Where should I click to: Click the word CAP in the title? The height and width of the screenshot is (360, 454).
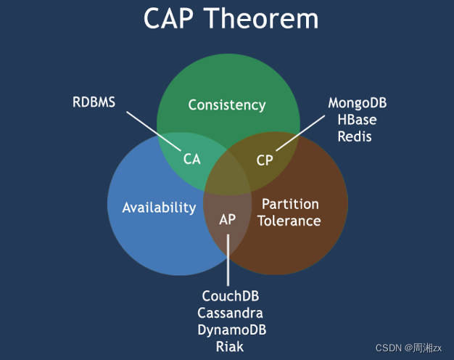pyautogui.click(x=168, y=18)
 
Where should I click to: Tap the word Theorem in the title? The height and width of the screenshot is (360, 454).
pyautogui.click(x=261, y=18)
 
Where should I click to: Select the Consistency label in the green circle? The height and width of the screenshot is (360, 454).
pyautogui.click(x=227, y=105)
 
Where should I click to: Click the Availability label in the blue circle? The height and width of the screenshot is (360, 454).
pyautogui.click(x=159, y=208)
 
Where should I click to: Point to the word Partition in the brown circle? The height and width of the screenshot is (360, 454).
pyautogui.click(x=290, y=204)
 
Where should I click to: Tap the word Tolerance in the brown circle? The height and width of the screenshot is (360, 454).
pyautogui.click(x=289, y=221)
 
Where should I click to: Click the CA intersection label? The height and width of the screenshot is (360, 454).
pyautogui.click(x=191, y=159)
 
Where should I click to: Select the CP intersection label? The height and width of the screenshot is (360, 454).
pyautogui.click(x=265, y=160)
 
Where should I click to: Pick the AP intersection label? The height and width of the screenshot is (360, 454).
pyautogui.click(x=227, y=219)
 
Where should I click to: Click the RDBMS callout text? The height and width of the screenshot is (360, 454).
pyautogui.click(x=94, y=102)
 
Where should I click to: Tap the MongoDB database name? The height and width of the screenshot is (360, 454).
pyautogui.click(x=358, y=103)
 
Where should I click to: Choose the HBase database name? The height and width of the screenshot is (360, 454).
pyautogui.click(x=357, y=120)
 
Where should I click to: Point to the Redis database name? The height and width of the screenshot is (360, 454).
pyautogui.click(x=355, y=136)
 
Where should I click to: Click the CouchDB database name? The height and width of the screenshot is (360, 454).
pyautogui.click(x=231, y=296)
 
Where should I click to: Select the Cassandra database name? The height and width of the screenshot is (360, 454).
pyautogui.click(x=230, y=313)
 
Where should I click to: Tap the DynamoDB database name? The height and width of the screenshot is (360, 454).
pyautogui.click(x=232, y=330)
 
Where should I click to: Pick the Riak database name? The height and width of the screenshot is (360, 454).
pyautogui.click(x=230, y=347)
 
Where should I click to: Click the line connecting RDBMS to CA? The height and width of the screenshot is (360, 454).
pyautogui.click(x=154, y=131)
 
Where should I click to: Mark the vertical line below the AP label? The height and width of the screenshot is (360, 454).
pyautogui.click(x=228, y=260)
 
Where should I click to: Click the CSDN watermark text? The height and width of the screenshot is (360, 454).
pyautogui.click(x=408, y=348)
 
